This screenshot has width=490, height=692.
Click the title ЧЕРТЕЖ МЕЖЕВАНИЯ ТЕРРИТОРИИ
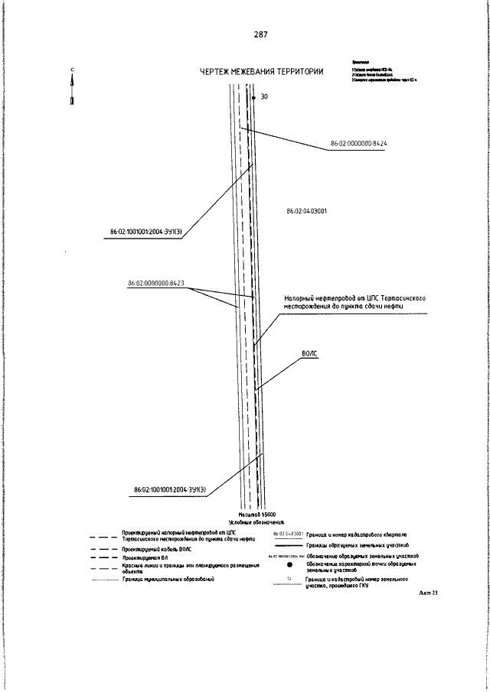click(x=260, y=72)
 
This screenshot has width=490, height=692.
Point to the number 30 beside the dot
click(x=264, y=97)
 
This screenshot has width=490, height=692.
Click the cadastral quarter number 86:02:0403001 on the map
click(x=306, y=211)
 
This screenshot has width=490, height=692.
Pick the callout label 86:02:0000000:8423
click(x=155, y=284)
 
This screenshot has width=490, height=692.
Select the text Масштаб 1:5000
click(x=257, y=515)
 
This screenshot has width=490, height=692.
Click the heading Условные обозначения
click(x=256, y=522)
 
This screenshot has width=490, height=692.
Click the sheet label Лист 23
click(x=428, y=593)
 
